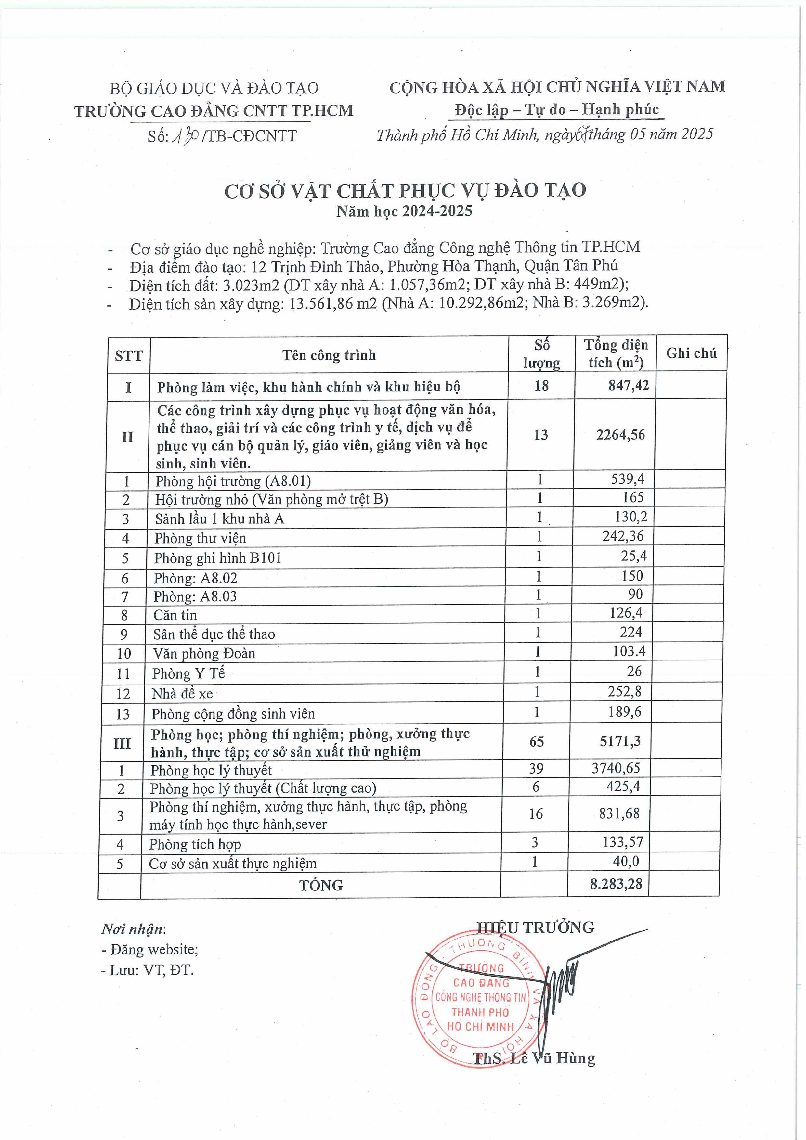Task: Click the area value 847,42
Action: pyautogui.click(x=628, y=385)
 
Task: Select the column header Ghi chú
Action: pyautogui.click(x=691, y=353)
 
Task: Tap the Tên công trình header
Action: pyautogui.click(x=329, y=355)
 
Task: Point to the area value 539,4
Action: pyautogui.click(x=630, y=479)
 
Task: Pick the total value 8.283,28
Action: pyautogui.click(x=616, y=884)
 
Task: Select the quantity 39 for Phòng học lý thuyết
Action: pyautogui.click(x=536, y=769)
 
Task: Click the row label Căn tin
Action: pyautogui.click(x=175, y=615)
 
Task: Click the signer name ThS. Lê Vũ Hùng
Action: pyautogui.click(x=534, y=1058)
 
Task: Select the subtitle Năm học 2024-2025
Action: pyautogui.click(x=404, y=211)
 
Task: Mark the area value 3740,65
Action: pyautogui.click(x=616, y=768)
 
